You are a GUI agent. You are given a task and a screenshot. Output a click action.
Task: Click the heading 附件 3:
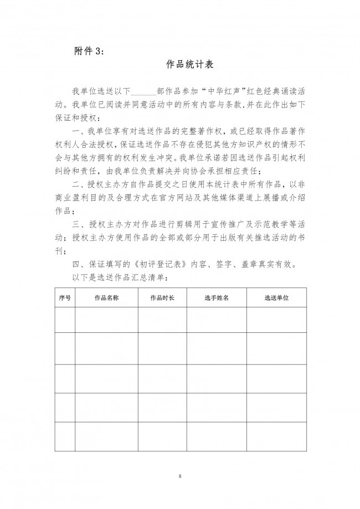(89, 50)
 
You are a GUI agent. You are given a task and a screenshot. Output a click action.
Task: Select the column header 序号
(65, 297)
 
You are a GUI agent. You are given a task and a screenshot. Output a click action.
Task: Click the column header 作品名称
(106, 297)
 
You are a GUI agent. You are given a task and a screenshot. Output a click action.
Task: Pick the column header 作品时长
(162, 297)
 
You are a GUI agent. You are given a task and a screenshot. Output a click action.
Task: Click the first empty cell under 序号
(65, 320)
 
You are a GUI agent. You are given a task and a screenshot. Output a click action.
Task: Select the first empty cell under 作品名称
(106, 320)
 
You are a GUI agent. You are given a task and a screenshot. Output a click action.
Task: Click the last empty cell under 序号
(65, 436)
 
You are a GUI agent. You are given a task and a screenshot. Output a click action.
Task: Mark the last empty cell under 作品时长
(162, 436)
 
